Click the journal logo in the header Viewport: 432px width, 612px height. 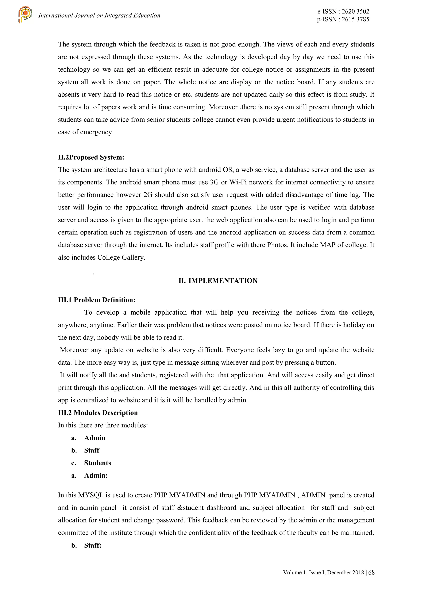25,15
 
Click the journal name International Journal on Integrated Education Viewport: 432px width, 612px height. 99,15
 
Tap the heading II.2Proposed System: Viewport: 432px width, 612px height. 91,157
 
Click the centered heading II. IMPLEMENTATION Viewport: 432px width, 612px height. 218,281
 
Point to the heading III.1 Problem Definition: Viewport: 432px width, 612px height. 97,300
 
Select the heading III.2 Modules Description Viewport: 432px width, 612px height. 98,413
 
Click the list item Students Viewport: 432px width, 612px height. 97,463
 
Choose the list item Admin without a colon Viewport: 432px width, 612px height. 94,438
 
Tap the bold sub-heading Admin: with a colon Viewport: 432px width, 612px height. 96,475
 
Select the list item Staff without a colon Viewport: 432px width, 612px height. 92,450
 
